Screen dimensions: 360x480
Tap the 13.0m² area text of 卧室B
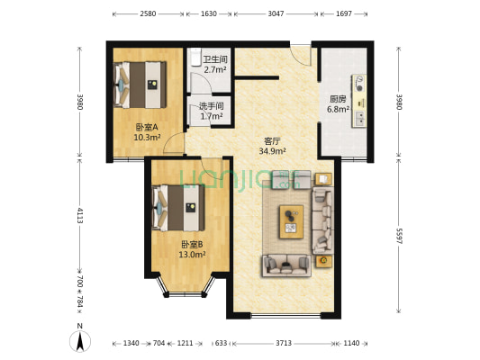pyautogui.click(x=193, y=255)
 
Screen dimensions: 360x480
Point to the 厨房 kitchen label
pyautogui.click(x=338, y=100)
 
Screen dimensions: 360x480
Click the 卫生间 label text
pyautogui.click(x=214, y=59)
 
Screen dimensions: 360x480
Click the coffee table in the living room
pyautogui.click(x=291, y=219)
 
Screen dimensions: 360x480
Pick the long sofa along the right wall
pyautogui.click(x=322, y=220)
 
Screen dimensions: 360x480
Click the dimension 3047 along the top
pyautogui.click(x=276, y=14)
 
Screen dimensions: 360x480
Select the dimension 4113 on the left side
pyautogui.click(x=80, y=216)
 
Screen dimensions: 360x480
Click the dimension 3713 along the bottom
pyautogui.click(x=284, y=343)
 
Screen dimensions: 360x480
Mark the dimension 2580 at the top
pyautogui.click(x=149, y=14)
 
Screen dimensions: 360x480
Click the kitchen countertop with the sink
pyautogui.click(x=360, y=99)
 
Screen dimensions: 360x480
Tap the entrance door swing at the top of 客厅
pyautogui.click(x=302, y=53)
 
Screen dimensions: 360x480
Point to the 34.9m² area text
pyautogui.click(x=272, y=152)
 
